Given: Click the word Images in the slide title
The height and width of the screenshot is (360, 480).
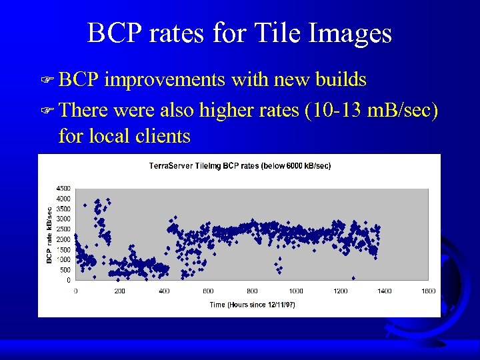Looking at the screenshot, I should (348, 33).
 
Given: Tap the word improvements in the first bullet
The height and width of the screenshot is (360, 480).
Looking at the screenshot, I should (165, 80).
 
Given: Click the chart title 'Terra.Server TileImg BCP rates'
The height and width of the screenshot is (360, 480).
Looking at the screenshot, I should (239, 165).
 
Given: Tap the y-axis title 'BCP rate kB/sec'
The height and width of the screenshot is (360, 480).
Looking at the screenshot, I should (49, 233).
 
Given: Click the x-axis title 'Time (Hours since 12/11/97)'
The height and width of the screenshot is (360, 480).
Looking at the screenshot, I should (252, 305).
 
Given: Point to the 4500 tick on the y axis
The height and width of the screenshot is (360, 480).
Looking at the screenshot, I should (63, 188).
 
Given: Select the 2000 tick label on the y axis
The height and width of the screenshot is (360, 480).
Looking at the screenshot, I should (63, 239).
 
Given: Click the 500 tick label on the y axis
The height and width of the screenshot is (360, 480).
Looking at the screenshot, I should (65, 270).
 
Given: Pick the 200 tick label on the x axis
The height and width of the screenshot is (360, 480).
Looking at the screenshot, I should (119, 291).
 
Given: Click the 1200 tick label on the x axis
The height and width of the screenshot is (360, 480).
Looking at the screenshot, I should (340, 291).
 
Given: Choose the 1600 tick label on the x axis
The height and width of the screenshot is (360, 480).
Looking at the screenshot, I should (429, 291).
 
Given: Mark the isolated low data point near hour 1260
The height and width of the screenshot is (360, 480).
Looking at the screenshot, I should (353, 278).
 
